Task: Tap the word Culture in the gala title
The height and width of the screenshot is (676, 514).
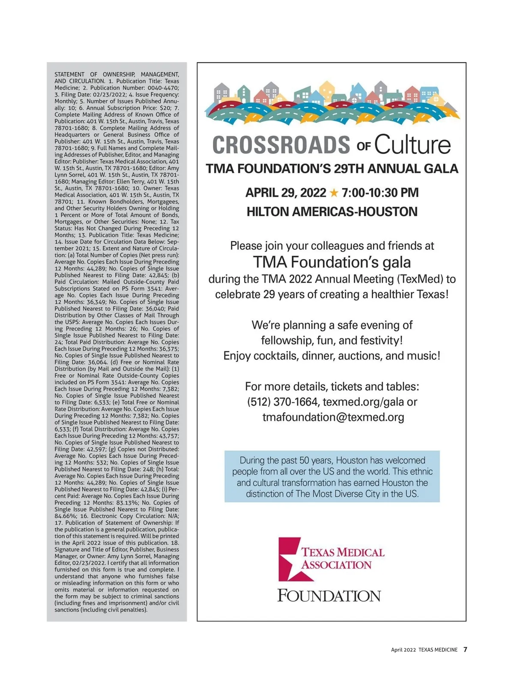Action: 412,145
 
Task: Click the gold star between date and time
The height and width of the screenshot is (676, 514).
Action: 334,193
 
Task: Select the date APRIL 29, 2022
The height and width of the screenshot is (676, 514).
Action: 286,193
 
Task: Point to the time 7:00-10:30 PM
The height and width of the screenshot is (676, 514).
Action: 380,193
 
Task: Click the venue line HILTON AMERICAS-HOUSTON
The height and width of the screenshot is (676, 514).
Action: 332,212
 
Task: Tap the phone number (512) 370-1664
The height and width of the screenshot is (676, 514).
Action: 283,402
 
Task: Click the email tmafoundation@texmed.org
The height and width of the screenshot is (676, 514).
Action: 333,418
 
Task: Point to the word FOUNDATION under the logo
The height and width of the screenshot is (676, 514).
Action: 329,596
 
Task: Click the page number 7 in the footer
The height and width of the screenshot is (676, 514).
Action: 465,649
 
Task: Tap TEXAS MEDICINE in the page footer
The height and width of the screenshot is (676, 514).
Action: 438,650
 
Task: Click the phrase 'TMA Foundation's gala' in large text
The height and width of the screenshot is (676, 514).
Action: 332,262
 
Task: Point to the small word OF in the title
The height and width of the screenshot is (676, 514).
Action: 363,147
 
